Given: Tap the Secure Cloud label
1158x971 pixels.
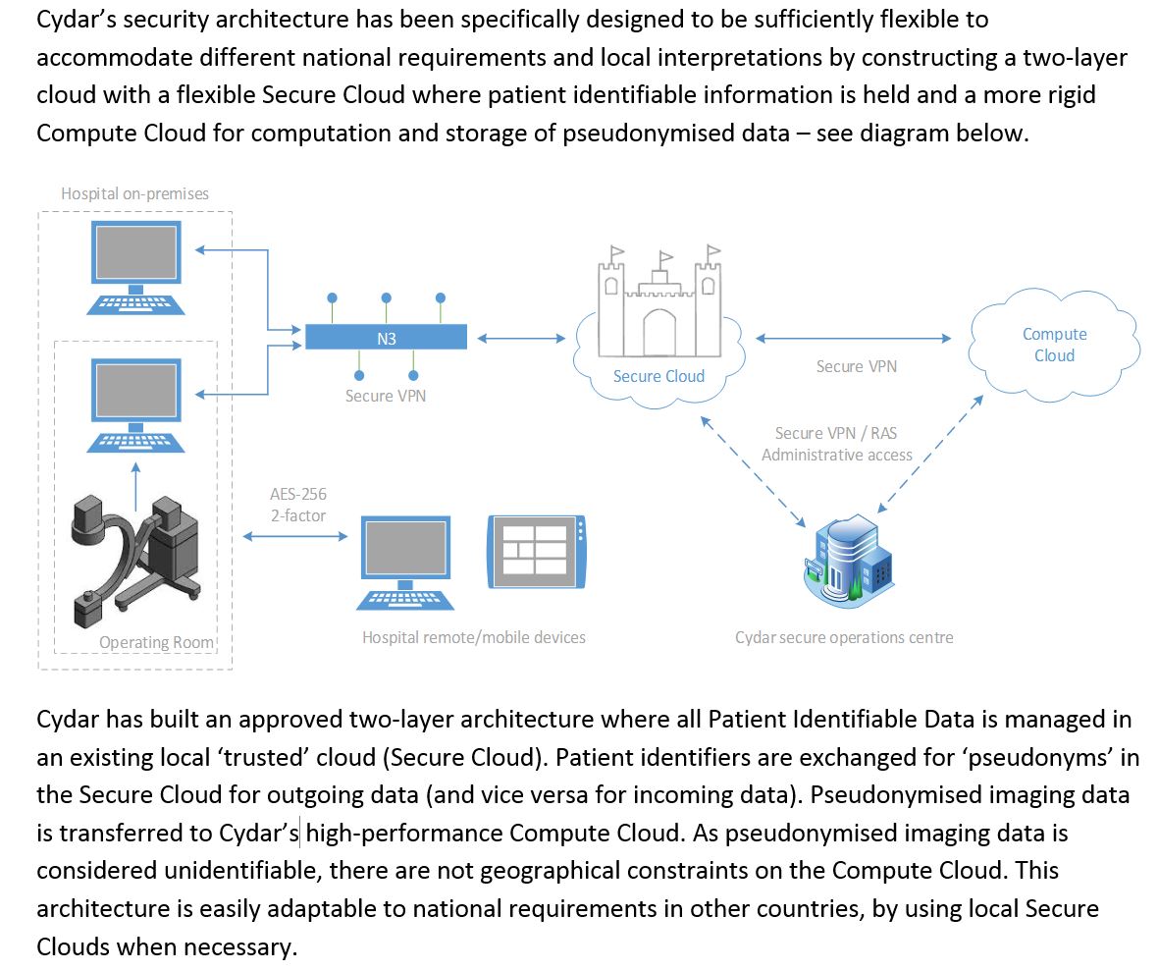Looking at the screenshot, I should (x=658, y=376).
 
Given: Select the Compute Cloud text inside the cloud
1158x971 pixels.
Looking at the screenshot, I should (x=1054, y=345).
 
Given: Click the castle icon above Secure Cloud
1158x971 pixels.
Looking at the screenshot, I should (x=658, y=299).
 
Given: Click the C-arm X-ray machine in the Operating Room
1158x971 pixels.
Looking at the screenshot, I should (x=136, y=557).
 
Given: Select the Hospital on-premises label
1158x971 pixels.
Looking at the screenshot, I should (x=134, y=193).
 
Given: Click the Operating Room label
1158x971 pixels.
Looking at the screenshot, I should (x=156, y=643).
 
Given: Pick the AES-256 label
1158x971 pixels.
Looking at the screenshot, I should (x=298, y=495).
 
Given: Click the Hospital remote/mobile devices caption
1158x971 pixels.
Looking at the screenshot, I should (x=474, y=637).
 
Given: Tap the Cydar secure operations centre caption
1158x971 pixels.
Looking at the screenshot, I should (x=844, y=637).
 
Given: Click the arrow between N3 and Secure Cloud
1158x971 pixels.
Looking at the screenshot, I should (x=521, y=339).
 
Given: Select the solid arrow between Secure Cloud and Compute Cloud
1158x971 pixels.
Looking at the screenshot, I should (x=854, y=339).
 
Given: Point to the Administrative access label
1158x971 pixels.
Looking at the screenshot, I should (x=837, y=455).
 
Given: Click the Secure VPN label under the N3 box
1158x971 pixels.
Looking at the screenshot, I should (x=386, y=396).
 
